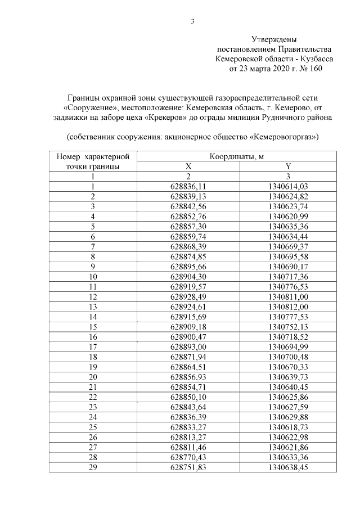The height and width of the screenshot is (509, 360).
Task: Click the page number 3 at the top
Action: (x=192, y=22)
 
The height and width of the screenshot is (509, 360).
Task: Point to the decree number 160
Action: (x=316, y=69)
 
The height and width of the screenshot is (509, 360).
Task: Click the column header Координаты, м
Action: (x=233, y=156)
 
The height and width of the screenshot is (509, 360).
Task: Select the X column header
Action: (x=188, y=166)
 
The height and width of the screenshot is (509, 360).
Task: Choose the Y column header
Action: (x=289, y=166)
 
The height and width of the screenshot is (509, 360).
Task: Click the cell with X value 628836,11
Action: (x=188, y=186)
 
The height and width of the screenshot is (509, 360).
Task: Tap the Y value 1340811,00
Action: (x=289, y=296)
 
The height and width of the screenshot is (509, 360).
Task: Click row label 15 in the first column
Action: (x=93, y=326)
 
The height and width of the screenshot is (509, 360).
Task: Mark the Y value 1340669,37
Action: (x=289, y=246)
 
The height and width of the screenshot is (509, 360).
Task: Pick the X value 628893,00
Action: (x=188, y=346)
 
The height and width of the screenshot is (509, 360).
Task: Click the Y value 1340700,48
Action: (x=289, y=357)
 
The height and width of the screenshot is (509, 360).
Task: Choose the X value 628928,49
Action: (x=188, y=296)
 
